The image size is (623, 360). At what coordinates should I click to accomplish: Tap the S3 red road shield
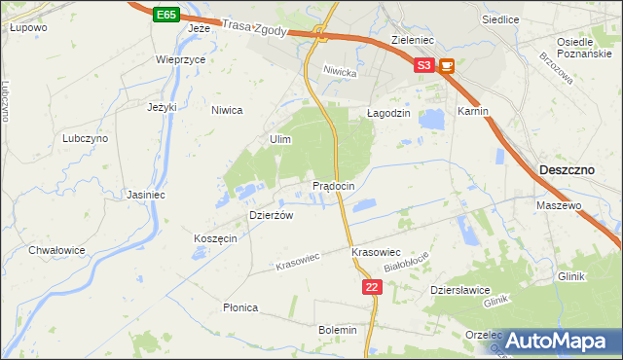423,66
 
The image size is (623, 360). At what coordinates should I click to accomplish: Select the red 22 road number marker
371,287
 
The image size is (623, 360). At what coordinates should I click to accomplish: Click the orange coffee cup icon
447,66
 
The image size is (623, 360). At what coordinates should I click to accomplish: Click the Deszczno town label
567,169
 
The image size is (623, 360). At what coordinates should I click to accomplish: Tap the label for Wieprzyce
180,59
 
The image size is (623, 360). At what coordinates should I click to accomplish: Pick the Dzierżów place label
272,215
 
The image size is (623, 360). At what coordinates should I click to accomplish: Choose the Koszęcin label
215,239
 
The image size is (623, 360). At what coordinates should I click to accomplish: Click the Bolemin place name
338,330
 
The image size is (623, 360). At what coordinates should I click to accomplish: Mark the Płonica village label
240,307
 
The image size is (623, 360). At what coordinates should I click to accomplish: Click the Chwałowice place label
56,250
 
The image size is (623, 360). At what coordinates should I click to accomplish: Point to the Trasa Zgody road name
254,29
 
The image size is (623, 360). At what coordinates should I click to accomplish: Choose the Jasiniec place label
146,195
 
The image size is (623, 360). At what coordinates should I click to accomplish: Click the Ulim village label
280,140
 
